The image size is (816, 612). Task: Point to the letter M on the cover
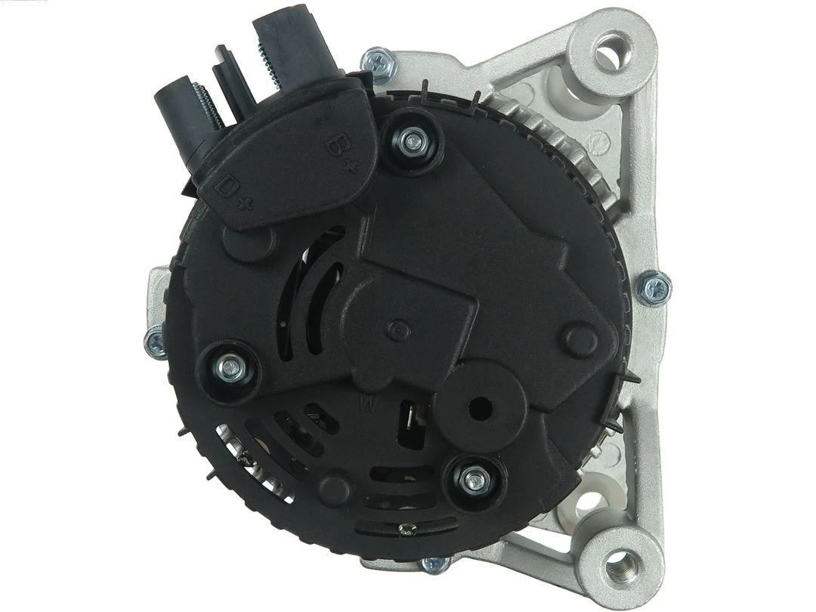pos(369,402)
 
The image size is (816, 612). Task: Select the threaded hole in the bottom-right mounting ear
pos(620,561)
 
